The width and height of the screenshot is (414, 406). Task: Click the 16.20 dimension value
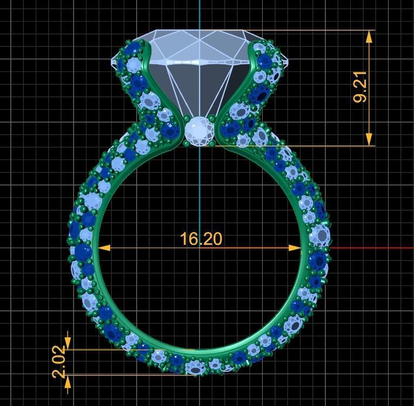point(201,238)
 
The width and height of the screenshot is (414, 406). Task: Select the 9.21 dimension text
point(360,87)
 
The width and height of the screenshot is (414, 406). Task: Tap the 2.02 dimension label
point(60,362)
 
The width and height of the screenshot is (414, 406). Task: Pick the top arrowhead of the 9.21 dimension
point(369,36)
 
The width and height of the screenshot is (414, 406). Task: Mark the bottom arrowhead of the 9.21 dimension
point(369,139)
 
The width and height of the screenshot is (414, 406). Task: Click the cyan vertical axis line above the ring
point(200,14)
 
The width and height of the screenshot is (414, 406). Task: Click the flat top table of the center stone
point(200,34)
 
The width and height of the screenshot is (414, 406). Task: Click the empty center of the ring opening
point(199,281)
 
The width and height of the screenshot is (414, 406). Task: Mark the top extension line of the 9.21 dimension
point(308,30)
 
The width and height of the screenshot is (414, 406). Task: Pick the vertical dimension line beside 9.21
point(369,108)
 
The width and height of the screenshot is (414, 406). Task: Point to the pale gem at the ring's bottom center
point(195,368)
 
